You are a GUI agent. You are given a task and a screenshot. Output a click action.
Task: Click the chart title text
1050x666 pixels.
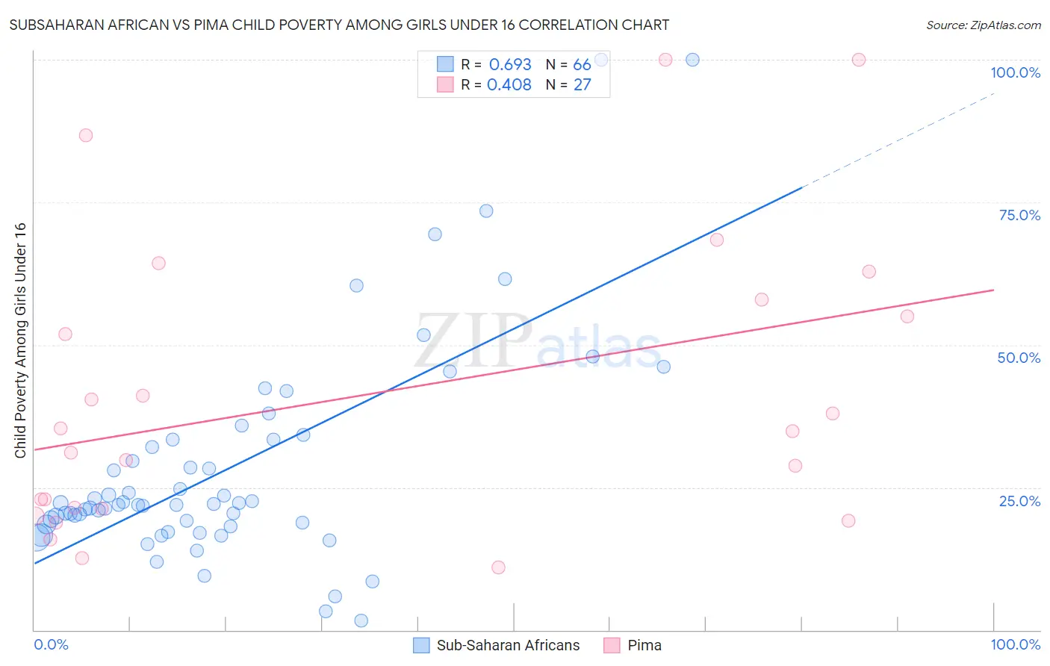click(x=339, y=25)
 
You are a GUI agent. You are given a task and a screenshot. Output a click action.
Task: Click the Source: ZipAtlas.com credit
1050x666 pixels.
click(x=983, y=25)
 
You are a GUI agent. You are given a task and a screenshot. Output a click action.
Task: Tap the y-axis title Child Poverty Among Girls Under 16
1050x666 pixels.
click(x=20, y=340)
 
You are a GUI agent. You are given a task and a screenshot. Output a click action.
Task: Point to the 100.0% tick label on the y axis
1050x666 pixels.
click(x=1015, y=72)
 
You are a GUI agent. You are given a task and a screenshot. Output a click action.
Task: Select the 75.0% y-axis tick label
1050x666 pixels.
click(x=1019, y=215)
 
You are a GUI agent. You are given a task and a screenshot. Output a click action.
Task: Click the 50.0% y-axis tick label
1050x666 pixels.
click(x=1019, y=358)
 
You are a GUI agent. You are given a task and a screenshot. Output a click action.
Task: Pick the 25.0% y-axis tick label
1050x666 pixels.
click(x=1019, y=501)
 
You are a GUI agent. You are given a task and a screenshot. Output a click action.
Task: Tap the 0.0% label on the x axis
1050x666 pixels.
click(x=51, y=644)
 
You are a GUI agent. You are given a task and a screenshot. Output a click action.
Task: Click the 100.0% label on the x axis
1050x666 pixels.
click(x=1015, y=644)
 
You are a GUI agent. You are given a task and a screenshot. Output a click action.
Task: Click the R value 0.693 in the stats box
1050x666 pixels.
click(x=510, y=65)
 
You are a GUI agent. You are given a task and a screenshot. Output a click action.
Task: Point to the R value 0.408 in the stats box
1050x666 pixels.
click(x=509, y=85)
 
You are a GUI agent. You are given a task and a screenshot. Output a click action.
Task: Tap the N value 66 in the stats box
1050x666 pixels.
click(x=582, y=65)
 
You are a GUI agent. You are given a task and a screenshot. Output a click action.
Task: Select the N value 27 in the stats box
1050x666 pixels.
click(x=582, y=85)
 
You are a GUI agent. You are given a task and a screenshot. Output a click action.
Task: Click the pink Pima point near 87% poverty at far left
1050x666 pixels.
click(x=86, y=135)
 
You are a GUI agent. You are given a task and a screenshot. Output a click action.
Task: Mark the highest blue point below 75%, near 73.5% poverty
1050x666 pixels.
click(x=486, y=211)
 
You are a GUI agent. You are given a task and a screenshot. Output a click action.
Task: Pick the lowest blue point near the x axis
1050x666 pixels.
click(x=361, y=620)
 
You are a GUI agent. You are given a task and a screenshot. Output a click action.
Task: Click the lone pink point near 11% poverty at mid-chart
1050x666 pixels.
click(x=498, y=567)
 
